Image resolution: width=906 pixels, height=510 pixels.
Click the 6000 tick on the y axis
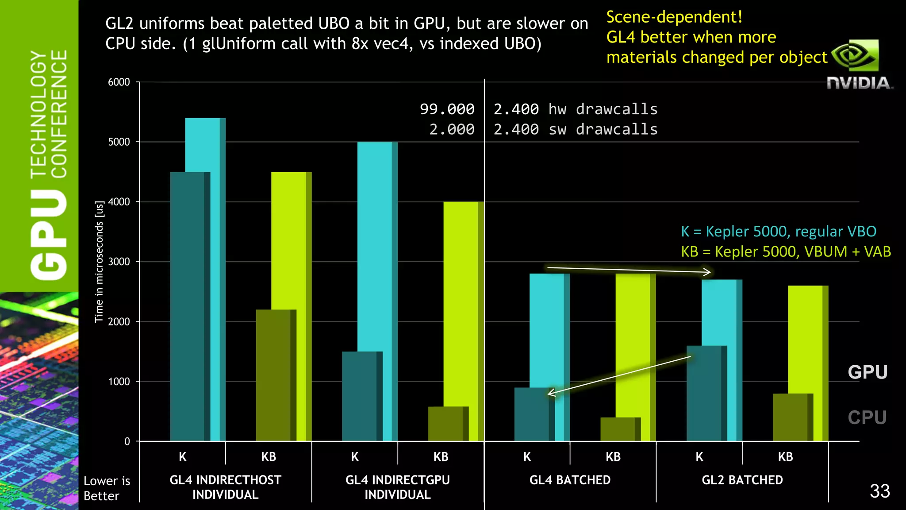(119, 82)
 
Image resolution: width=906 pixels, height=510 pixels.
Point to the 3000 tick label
(119, 262)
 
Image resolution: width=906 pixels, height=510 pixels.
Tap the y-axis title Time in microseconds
(99, 262)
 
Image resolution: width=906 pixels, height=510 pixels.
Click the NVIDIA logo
(859, 65)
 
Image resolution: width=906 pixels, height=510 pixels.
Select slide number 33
(879, 491)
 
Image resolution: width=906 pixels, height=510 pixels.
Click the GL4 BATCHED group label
(570, 480)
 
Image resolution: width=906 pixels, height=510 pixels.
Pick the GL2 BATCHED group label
(742, 480)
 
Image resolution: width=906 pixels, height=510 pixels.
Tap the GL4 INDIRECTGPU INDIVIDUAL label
(397, 487)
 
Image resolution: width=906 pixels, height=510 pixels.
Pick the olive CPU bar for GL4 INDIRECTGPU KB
(447, 424)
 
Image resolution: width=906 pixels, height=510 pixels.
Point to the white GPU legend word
(868, 372)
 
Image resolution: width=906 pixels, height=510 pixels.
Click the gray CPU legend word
(867, 417)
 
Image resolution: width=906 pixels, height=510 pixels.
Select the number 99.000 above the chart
(447, 109)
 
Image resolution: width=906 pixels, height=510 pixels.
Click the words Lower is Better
(107, 488)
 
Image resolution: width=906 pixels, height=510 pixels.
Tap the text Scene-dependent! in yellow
(674, 17)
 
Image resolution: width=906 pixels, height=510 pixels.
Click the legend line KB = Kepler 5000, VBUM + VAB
(786, 251)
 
